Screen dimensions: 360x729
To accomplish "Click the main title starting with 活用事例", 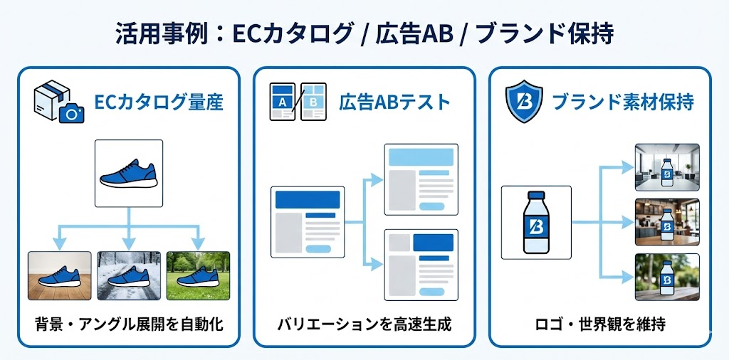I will [364, 33].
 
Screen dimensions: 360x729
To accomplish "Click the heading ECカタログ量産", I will [159, 102].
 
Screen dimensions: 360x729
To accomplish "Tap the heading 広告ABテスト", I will [394, 102].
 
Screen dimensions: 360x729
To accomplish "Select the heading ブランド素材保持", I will [623, 102].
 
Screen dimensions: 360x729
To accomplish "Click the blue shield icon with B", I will [523, 102].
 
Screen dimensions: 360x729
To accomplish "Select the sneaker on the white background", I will [129, 174].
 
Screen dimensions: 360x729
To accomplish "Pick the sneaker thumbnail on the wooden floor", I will [60, 275].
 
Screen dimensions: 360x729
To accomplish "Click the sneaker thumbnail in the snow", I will [129, 275].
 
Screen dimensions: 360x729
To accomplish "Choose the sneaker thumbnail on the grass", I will [198, 275].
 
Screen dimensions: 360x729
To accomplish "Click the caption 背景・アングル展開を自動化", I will [129, 325].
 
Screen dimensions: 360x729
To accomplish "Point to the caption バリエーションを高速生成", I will [364, 325].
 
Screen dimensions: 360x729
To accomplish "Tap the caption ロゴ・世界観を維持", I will [599, 325].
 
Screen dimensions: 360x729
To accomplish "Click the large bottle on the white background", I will [536, 222].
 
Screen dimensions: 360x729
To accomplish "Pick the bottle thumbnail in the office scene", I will [667, 168].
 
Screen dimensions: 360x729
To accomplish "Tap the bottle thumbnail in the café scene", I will [667, 222].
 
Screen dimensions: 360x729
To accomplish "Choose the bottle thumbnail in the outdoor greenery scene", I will [667, 276].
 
